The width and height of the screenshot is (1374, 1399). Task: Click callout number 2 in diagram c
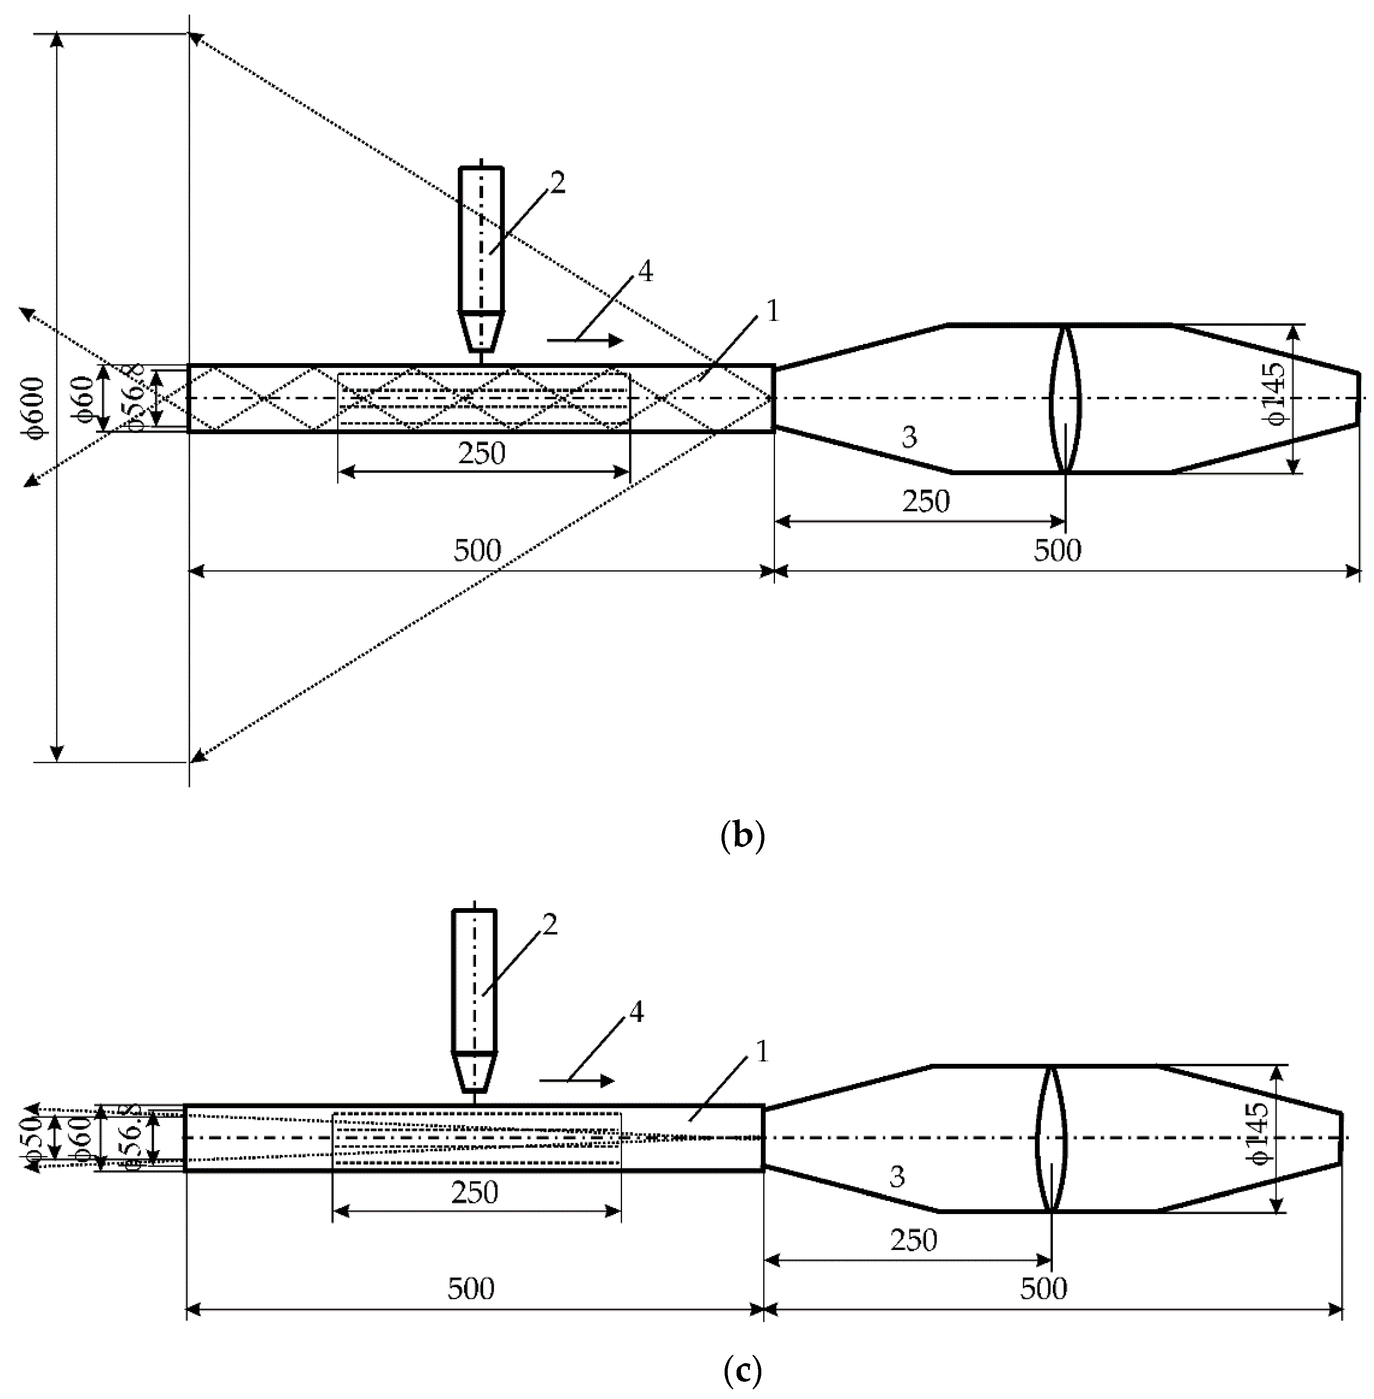(x=550, y=925)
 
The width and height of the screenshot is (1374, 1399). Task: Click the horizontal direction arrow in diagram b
(x=584, y=340)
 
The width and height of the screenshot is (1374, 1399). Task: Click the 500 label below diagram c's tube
(x=471, y=1288)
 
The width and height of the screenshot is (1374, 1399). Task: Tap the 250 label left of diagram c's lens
(x=913, y=1239)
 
